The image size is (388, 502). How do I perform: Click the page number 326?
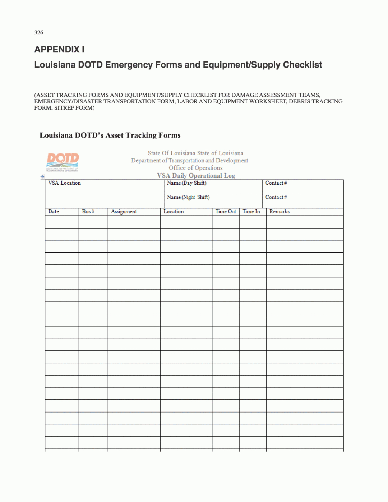tap(38, 32)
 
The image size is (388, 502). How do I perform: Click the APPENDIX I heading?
tap(59, 50)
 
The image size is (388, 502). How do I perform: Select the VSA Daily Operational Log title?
tap(196, 175)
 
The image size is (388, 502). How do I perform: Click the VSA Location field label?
tap(65, 183)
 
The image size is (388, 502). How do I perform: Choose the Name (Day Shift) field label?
tap(186, 183)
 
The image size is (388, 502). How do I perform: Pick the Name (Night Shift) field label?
tap(188, 197)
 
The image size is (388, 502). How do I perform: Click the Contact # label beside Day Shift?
tap(276, 183)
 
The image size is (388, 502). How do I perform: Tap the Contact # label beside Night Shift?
tap(276, 197)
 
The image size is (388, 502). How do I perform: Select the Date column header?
tap(54, 212)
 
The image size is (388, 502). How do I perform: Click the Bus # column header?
tap(88, 212)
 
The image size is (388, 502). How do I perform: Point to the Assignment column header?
tap(124, 212)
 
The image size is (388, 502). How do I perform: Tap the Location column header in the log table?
tap(174, 212)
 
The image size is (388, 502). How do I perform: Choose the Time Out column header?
tap(226, 212)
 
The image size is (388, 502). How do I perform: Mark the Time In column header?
tap(251, 212)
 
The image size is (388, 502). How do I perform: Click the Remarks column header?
tap(280, 212)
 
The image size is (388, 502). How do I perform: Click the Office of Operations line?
tap(196, 168)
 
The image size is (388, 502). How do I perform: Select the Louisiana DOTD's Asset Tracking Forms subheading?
tap(110, 135)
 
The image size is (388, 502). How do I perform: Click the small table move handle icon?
tap(42, 176)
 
